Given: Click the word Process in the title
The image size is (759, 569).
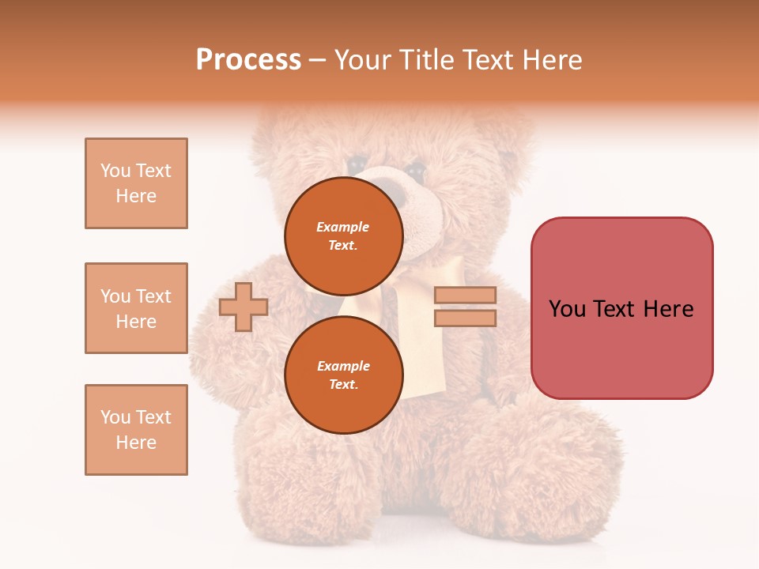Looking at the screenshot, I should (x=248, y=60).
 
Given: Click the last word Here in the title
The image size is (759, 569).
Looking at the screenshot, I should (x=550, y=60).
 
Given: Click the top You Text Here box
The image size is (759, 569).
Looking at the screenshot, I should (x=136, y=183).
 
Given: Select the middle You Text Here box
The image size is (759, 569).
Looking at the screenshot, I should (x=136, y=308).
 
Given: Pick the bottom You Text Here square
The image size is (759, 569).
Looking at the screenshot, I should (x=136, y=430).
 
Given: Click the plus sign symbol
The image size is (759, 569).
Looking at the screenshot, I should (x=243, y=307).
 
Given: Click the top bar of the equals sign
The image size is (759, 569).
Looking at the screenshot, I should (x=465, y=295).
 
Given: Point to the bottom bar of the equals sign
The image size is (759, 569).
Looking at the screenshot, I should (x=465, y=318).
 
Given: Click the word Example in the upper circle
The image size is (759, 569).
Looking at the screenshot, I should (x=343, y=227).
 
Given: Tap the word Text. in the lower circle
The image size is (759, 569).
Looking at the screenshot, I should (x=343, y=385).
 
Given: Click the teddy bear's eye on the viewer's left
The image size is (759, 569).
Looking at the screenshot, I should (x=358, y=163).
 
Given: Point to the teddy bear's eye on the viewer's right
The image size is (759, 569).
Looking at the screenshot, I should (x=415, y=170).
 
